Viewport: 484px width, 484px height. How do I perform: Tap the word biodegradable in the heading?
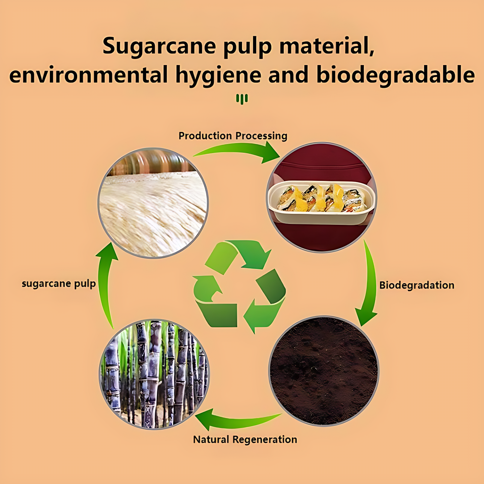tap(395, 75)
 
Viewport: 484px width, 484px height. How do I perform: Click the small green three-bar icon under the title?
tap(242, 99)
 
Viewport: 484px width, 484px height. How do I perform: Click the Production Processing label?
tap(233, 136)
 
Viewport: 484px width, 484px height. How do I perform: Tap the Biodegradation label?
tap(416, 285)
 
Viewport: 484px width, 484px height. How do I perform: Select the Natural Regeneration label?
tap(245, 440)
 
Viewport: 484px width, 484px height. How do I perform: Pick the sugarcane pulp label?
tap(58, 284)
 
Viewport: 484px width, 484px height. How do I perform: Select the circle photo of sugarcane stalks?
tap(154, 374)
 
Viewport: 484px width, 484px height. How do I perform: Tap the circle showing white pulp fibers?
tap(153, 203)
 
